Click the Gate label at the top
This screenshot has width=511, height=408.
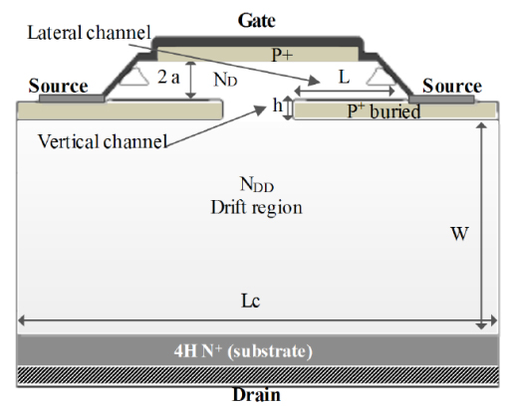[x=257, y=19]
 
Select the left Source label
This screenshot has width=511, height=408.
[x=57, y=87]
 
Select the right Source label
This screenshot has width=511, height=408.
[x=451, y=87]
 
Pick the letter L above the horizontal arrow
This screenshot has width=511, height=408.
[x=343, y=76]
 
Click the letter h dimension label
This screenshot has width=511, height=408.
[x=277, y=106]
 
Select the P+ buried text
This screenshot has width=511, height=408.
[x=383, y=111]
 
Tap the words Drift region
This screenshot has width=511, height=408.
[x=256, y=207]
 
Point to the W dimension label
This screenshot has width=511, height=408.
[x=460, y=235]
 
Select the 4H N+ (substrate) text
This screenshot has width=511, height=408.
[x=256, y=350]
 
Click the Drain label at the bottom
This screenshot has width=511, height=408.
[x=256, y=395]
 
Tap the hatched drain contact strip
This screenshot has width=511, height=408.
[x=256, y=375]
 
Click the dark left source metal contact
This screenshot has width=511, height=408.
[x=71, y=99]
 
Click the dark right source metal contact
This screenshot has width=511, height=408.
[x=441, y=99]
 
